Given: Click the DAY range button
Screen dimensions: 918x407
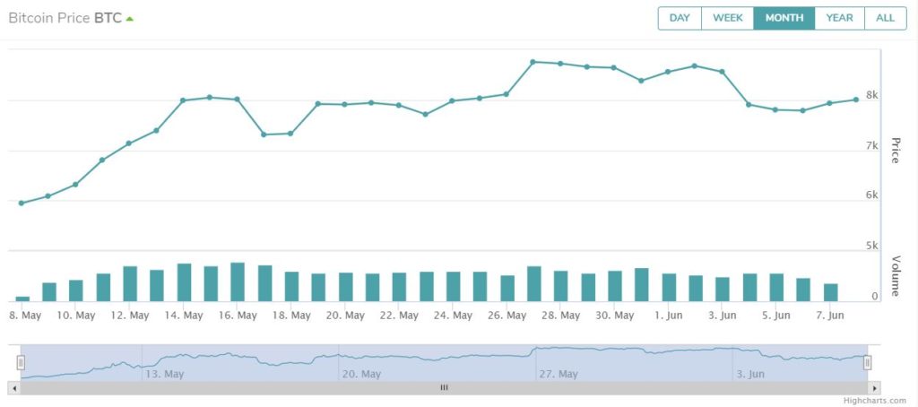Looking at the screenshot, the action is pos(680,18).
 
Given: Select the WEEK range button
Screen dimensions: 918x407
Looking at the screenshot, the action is pos(728,18).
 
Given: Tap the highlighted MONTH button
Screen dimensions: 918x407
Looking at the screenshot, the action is pos(784,18).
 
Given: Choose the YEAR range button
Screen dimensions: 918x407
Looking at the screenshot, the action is pos(839,18).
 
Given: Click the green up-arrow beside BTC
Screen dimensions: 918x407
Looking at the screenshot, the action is pos(129,19).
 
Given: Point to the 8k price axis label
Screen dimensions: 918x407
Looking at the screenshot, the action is pos(871,95).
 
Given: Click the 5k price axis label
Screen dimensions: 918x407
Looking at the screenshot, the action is pos(871,246).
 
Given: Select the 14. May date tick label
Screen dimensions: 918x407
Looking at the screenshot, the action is pos(183,316).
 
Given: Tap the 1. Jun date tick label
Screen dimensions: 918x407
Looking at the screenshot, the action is pos(668,316).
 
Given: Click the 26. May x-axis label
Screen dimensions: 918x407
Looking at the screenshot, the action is pos(507,316).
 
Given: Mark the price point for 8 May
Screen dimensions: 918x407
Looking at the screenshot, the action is pos(22,203).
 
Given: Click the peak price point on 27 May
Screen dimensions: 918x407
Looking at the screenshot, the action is pos(533,62).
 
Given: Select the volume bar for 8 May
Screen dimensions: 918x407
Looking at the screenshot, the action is pos(22,299).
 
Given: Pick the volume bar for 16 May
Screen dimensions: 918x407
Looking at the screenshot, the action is pos(237,281).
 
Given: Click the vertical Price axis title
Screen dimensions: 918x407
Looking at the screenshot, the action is pos(894,151).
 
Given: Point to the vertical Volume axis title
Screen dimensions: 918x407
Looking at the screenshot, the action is pos(894,276).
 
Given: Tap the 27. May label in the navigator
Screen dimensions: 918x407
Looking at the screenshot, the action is pos(559,374).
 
